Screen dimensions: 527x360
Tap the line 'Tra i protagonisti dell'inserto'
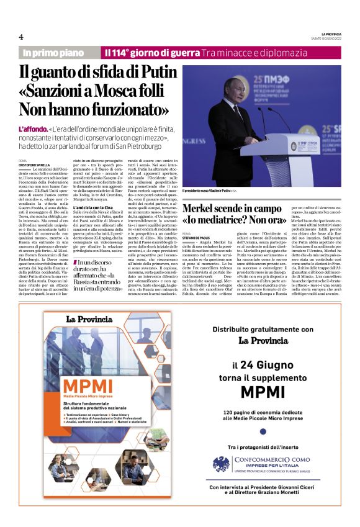click(x=263, y=447)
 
